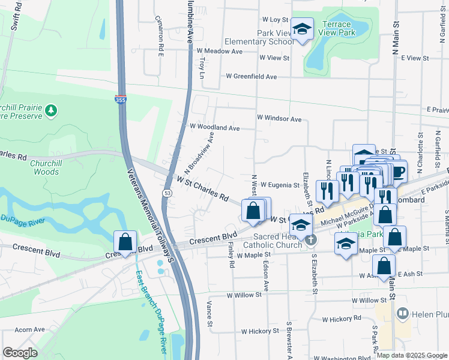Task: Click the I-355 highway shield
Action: click(120, 100)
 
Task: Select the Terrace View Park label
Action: click(341, 28)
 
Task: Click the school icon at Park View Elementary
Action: click(302, 29)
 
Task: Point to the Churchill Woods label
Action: click(38, 167)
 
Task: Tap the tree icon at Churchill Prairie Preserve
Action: click(52, 110)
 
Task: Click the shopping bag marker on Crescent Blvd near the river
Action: click(125, 242)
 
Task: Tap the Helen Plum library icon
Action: click(402, 313)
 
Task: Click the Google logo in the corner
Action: click(20, 353)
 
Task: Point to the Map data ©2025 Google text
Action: click(412, 355)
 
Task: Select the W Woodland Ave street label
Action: click(214, 128)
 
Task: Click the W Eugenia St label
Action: click(279, 185)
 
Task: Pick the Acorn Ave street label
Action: click(30, 329)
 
